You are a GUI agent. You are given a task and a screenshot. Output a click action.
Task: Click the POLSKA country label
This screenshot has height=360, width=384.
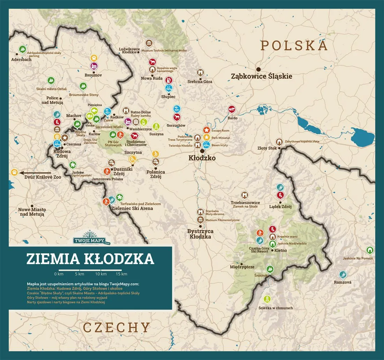294,46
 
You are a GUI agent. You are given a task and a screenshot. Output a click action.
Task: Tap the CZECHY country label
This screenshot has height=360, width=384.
117,328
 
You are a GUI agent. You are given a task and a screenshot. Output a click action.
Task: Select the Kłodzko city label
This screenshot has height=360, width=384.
202,158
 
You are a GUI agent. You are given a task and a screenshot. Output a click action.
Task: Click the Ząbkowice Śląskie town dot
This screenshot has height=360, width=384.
259,69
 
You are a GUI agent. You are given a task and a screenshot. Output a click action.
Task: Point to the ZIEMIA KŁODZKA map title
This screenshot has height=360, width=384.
90,259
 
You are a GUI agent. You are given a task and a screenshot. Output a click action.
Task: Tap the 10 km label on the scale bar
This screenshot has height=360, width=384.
101,274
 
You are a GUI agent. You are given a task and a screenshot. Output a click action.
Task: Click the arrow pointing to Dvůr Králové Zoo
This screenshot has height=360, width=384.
35,173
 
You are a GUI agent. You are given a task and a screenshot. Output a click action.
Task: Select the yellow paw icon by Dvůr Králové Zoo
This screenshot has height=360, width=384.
14,172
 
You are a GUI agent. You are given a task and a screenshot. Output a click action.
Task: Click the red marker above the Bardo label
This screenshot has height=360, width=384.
231,110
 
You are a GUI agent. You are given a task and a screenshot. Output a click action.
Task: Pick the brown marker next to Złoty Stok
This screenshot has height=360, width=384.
279,142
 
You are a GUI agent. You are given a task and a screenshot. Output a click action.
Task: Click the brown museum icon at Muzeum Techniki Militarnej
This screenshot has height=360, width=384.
149,43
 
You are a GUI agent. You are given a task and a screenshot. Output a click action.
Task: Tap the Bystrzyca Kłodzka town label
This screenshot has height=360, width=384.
200,234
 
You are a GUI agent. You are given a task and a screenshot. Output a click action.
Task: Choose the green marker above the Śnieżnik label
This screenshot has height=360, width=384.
269,269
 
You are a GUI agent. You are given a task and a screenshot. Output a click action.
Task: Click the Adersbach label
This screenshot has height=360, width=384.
21,60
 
